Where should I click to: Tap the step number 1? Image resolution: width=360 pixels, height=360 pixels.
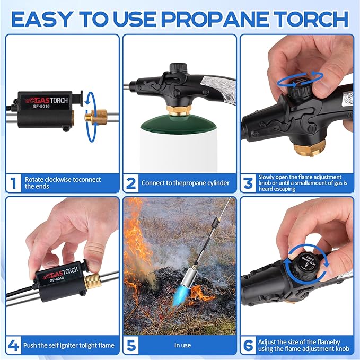(x=13, y=182)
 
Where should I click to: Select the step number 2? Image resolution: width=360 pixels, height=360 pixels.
(x=131, y=182)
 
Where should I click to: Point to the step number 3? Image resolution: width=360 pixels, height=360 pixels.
(x=248, y=182)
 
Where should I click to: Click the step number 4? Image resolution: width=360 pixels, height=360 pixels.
(x=13, y=345)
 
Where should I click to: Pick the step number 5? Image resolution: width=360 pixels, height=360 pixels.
(x=131, y=345)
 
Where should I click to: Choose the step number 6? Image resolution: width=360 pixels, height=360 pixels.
(x=248, y=345)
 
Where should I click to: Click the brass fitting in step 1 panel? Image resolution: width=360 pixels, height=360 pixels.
(x=94, y=116)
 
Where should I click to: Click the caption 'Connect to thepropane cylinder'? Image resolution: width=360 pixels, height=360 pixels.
(x=185, y=183)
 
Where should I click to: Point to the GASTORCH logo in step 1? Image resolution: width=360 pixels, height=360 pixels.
(x=49, y=99)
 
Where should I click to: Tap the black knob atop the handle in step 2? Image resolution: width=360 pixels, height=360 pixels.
(x=177, y=68)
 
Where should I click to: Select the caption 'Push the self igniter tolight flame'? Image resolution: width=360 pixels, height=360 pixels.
(x=69, y=345)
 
